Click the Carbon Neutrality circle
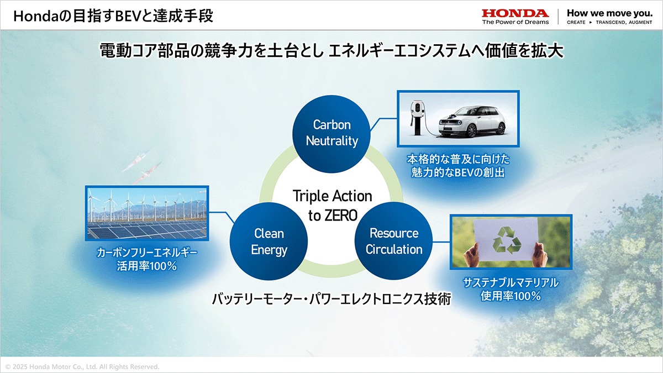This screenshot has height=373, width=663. pos(331,134)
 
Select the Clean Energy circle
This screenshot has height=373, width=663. pos(269,241)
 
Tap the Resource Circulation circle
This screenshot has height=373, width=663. pos(393,241)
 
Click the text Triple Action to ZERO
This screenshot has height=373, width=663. pos(333,206)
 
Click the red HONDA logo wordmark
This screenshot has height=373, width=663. pos(515,13)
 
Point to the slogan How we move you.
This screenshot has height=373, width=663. pos(610,13)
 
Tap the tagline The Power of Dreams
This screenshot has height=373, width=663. pos(515,22)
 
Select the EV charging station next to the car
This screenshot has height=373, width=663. pos(417,118)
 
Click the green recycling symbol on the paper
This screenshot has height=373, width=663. pos(507,240)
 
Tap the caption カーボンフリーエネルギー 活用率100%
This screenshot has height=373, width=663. pos(147,259)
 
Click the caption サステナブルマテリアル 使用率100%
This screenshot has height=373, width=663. pos(511,289)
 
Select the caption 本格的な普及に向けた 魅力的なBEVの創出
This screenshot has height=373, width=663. pos(458,166)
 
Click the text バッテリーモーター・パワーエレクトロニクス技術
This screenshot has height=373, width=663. pos(331,299)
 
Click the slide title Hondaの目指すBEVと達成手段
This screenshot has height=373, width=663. pos(113,15)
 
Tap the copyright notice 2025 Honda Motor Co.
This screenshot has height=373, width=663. pos(82,367)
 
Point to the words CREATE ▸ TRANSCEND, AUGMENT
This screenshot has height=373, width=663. pos(609,22)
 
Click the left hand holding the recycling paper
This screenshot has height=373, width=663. pos(472,255)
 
